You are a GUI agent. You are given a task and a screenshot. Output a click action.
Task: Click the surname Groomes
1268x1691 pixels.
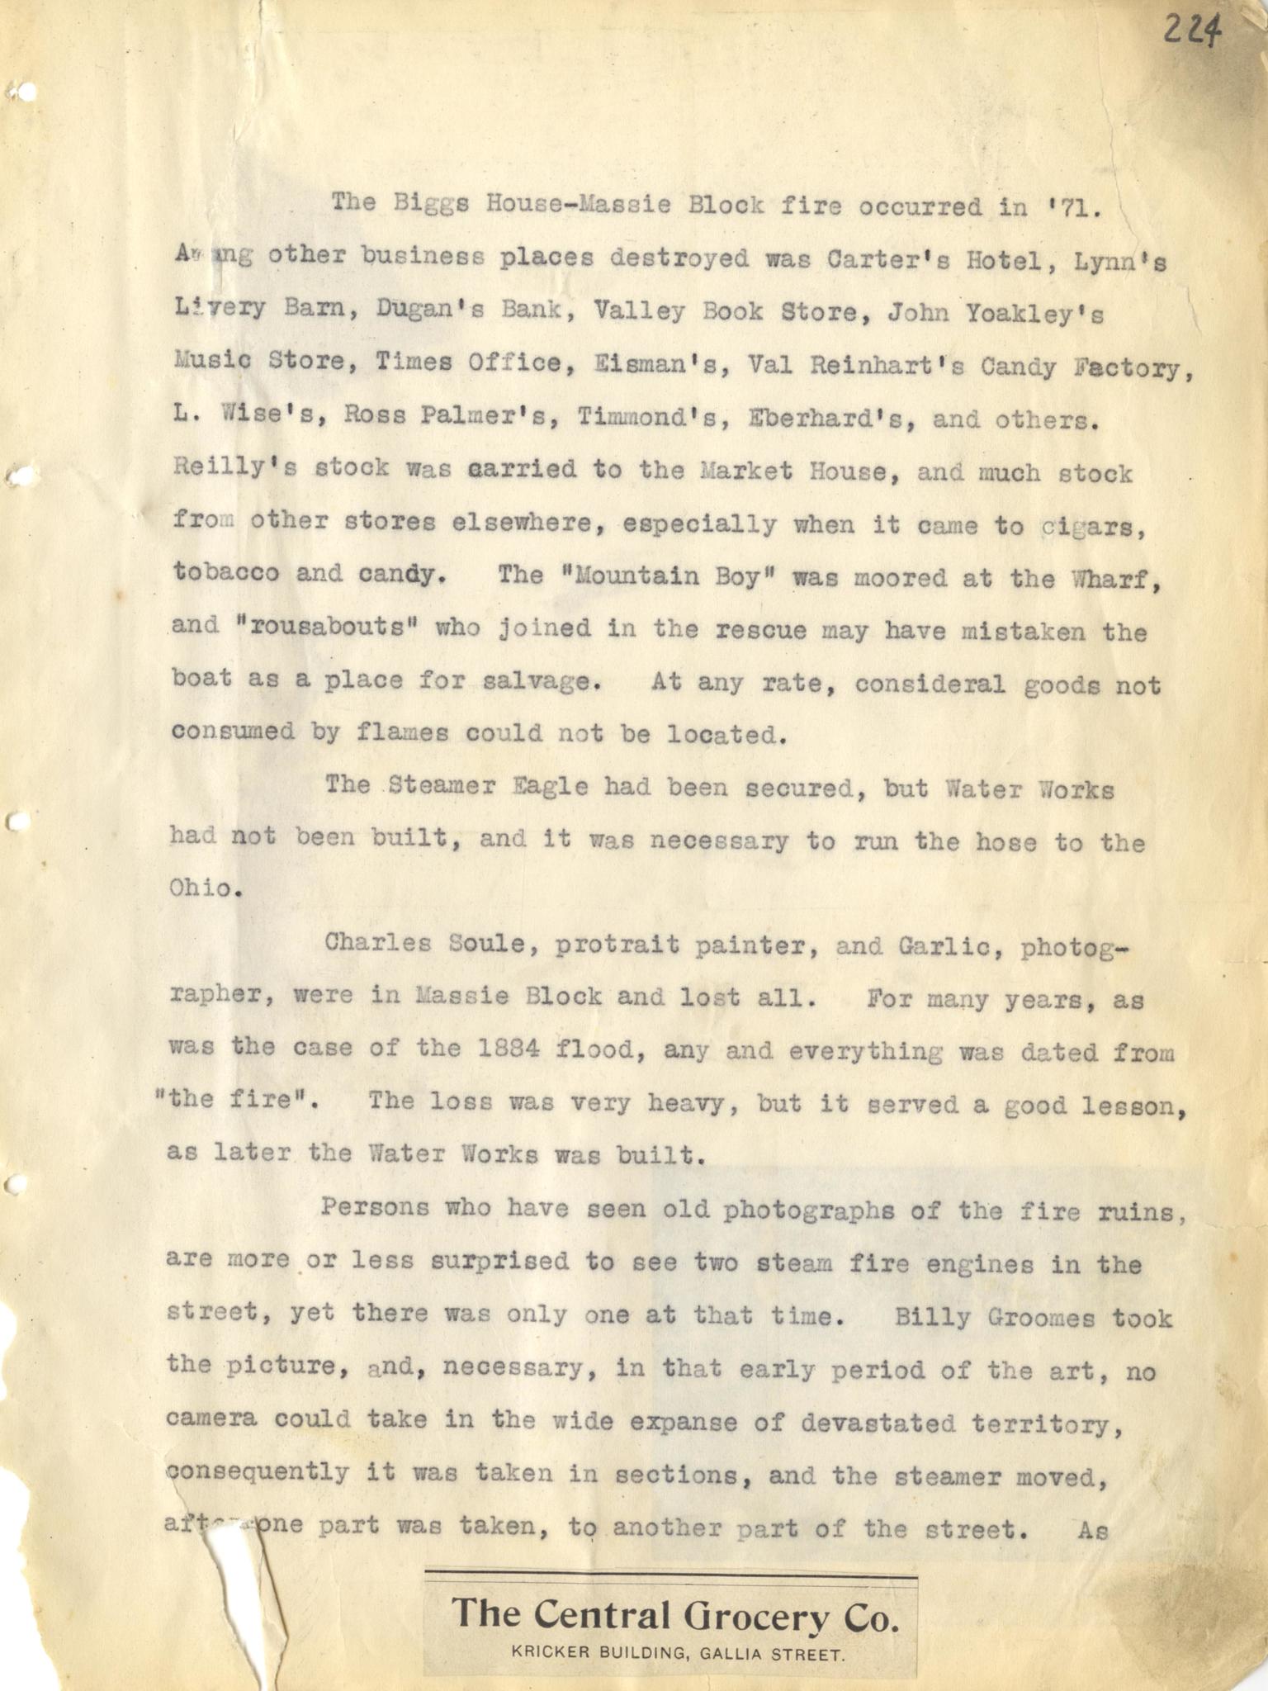coord(1040,1317)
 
